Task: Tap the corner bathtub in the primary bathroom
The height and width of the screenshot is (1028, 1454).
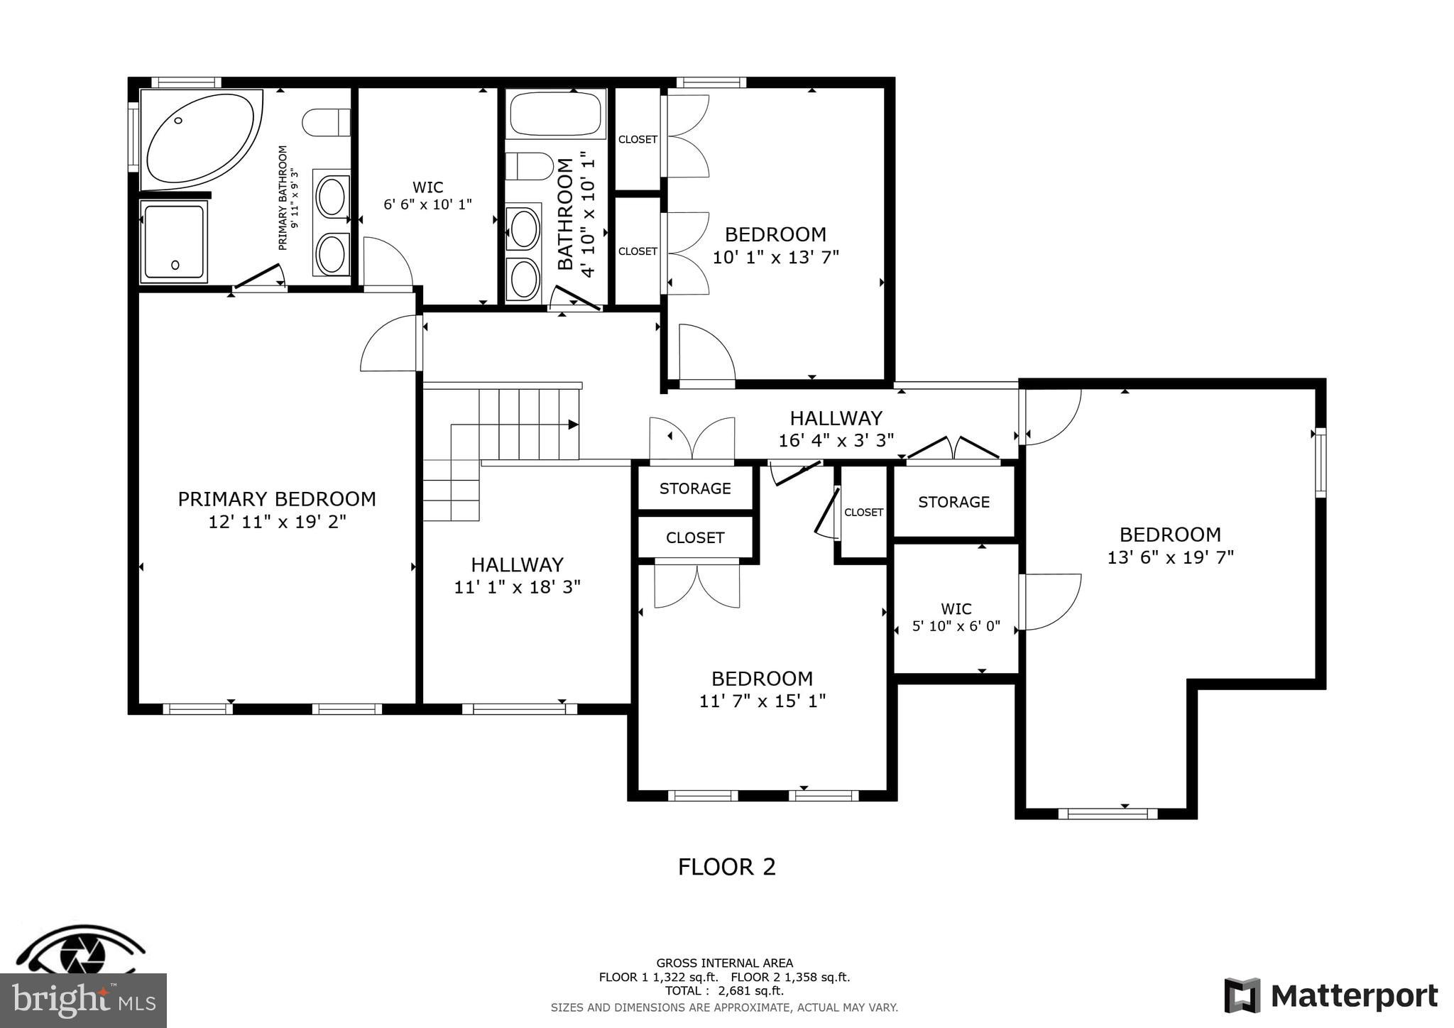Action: point(200,138)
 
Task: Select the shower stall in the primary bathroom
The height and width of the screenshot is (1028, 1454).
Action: point(174,241)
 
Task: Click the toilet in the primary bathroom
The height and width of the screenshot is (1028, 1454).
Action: point(327,122)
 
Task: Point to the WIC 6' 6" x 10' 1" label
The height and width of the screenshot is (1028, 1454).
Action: point(427,195)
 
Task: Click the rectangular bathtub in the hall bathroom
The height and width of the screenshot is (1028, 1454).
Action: point(556,114)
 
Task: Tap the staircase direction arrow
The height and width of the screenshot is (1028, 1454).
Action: point(572,425)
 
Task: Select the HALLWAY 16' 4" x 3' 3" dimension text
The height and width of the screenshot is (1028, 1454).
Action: point(836,440)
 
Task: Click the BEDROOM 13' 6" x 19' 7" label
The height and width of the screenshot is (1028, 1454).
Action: point(1170,545)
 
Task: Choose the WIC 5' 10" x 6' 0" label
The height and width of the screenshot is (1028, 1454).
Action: point(956,617)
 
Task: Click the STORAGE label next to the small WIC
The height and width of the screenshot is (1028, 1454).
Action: point(953,502)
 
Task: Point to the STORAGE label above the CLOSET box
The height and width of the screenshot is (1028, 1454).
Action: point(695,488)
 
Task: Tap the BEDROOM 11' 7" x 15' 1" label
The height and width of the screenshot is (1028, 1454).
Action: point(762,689)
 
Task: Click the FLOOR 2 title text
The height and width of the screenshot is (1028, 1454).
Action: point(726,867)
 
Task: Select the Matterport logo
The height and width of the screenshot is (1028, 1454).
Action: point(1330,996)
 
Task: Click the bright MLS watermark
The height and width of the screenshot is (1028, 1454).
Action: point(83,1000)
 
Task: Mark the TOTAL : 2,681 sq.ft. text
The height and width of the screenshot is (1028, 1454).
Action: point(724,990)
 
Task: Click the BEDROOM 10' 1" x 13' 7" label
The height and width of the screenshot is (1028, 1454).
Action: point(775,245)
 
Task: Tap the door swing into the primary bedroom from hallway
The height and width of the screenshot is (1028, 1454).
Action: point(389,344)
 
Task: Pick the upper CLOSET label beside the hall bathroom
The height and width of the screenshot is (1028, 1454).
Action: point(638,139)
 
